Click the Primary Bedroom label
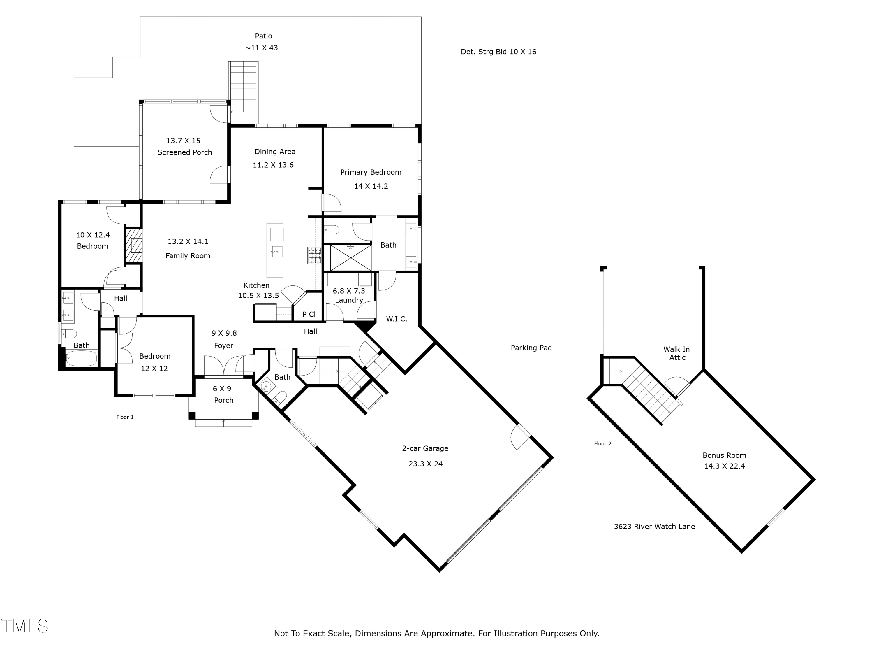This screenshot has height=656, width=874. [371, 172]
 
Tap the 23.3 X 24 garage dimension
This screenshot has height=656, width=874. [426, 464]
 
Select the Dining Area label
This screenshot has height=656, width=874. [275, 152]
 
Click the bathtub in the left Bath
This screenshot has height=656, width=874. [81, 358]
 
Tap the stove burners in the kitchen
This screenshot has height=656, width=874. [315, 255]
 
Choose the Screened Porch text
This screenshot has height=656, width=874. [184, 152]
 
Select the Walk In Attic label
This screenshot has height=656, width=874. [676, 353]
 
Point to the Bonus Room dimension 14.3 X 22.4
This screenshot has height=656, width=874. [724, 466]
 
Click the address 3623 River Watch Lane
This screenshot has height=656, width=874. [654, 526]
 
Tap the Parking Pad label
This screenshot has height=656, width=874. [531, 348]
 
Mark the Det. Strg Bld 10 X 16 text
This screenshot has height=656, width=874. [498, 52]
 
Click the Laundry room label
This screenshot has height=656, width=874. [349, 300]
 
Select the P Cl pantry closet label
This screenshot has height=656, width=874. [309, 314]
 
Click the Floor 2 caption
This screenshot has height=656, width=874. [602, 444]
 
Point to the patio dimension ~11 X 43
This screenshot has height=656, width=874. [262, 48]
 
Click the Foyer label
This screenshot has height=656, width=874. [224, 345]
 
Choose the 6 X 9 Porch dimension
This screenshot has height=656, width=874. [222, 389]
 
